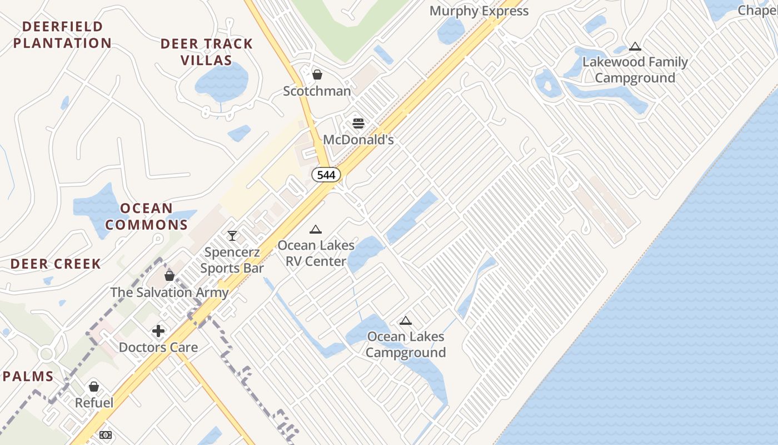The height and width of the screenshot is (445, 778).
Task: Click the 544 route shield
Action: pos(326,175)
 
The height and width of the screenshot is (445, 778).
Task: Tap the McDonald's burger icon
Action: pos(358,123)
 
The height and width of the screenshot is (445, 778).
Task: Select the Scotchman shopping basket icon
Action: pos(317,74)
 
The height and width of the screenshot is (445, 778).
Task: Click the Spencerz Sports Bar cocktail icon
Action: pos(232,236)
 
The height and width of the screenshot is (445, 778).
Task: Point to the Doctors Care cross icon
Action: pos(158,331)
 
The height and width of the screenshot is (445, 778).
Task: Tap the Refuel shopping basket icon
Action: pos(94,386)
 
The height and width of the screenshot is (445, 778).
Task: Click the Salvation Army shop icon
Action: pos(169,275)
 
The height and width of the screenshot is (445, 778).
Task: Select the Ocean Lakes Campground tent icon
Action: pos(406,320)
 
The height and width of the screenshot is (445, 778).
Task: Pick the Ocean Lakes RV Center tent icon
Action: pos(316,229)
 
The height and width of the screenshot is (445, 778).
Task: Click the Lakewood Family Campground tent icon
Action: pos(635,46)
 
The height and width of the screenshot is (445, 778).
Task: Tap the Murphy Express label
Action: pos(479,11)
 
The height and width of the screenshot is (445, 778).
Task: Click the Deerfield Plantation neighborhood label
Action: pos(63,34)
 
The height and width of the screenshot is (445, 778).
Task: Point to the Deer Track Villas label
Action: pos(207,52)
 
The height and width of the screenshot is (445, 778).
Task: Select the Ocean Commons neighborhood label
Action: pos(147,216)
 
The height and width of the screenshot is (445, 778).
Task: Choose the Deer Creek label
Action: pos(56,264)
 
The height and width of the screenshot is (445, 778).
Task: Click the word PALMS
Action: pos(28,377)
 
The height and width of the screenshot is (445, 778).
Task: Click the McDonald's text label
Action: pos(358,140)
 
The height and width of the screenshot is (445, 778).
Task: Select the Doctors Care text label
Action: pos(158,348)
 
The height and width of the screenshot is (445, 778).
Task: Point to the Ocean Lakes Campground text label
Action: pos(406,344)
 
